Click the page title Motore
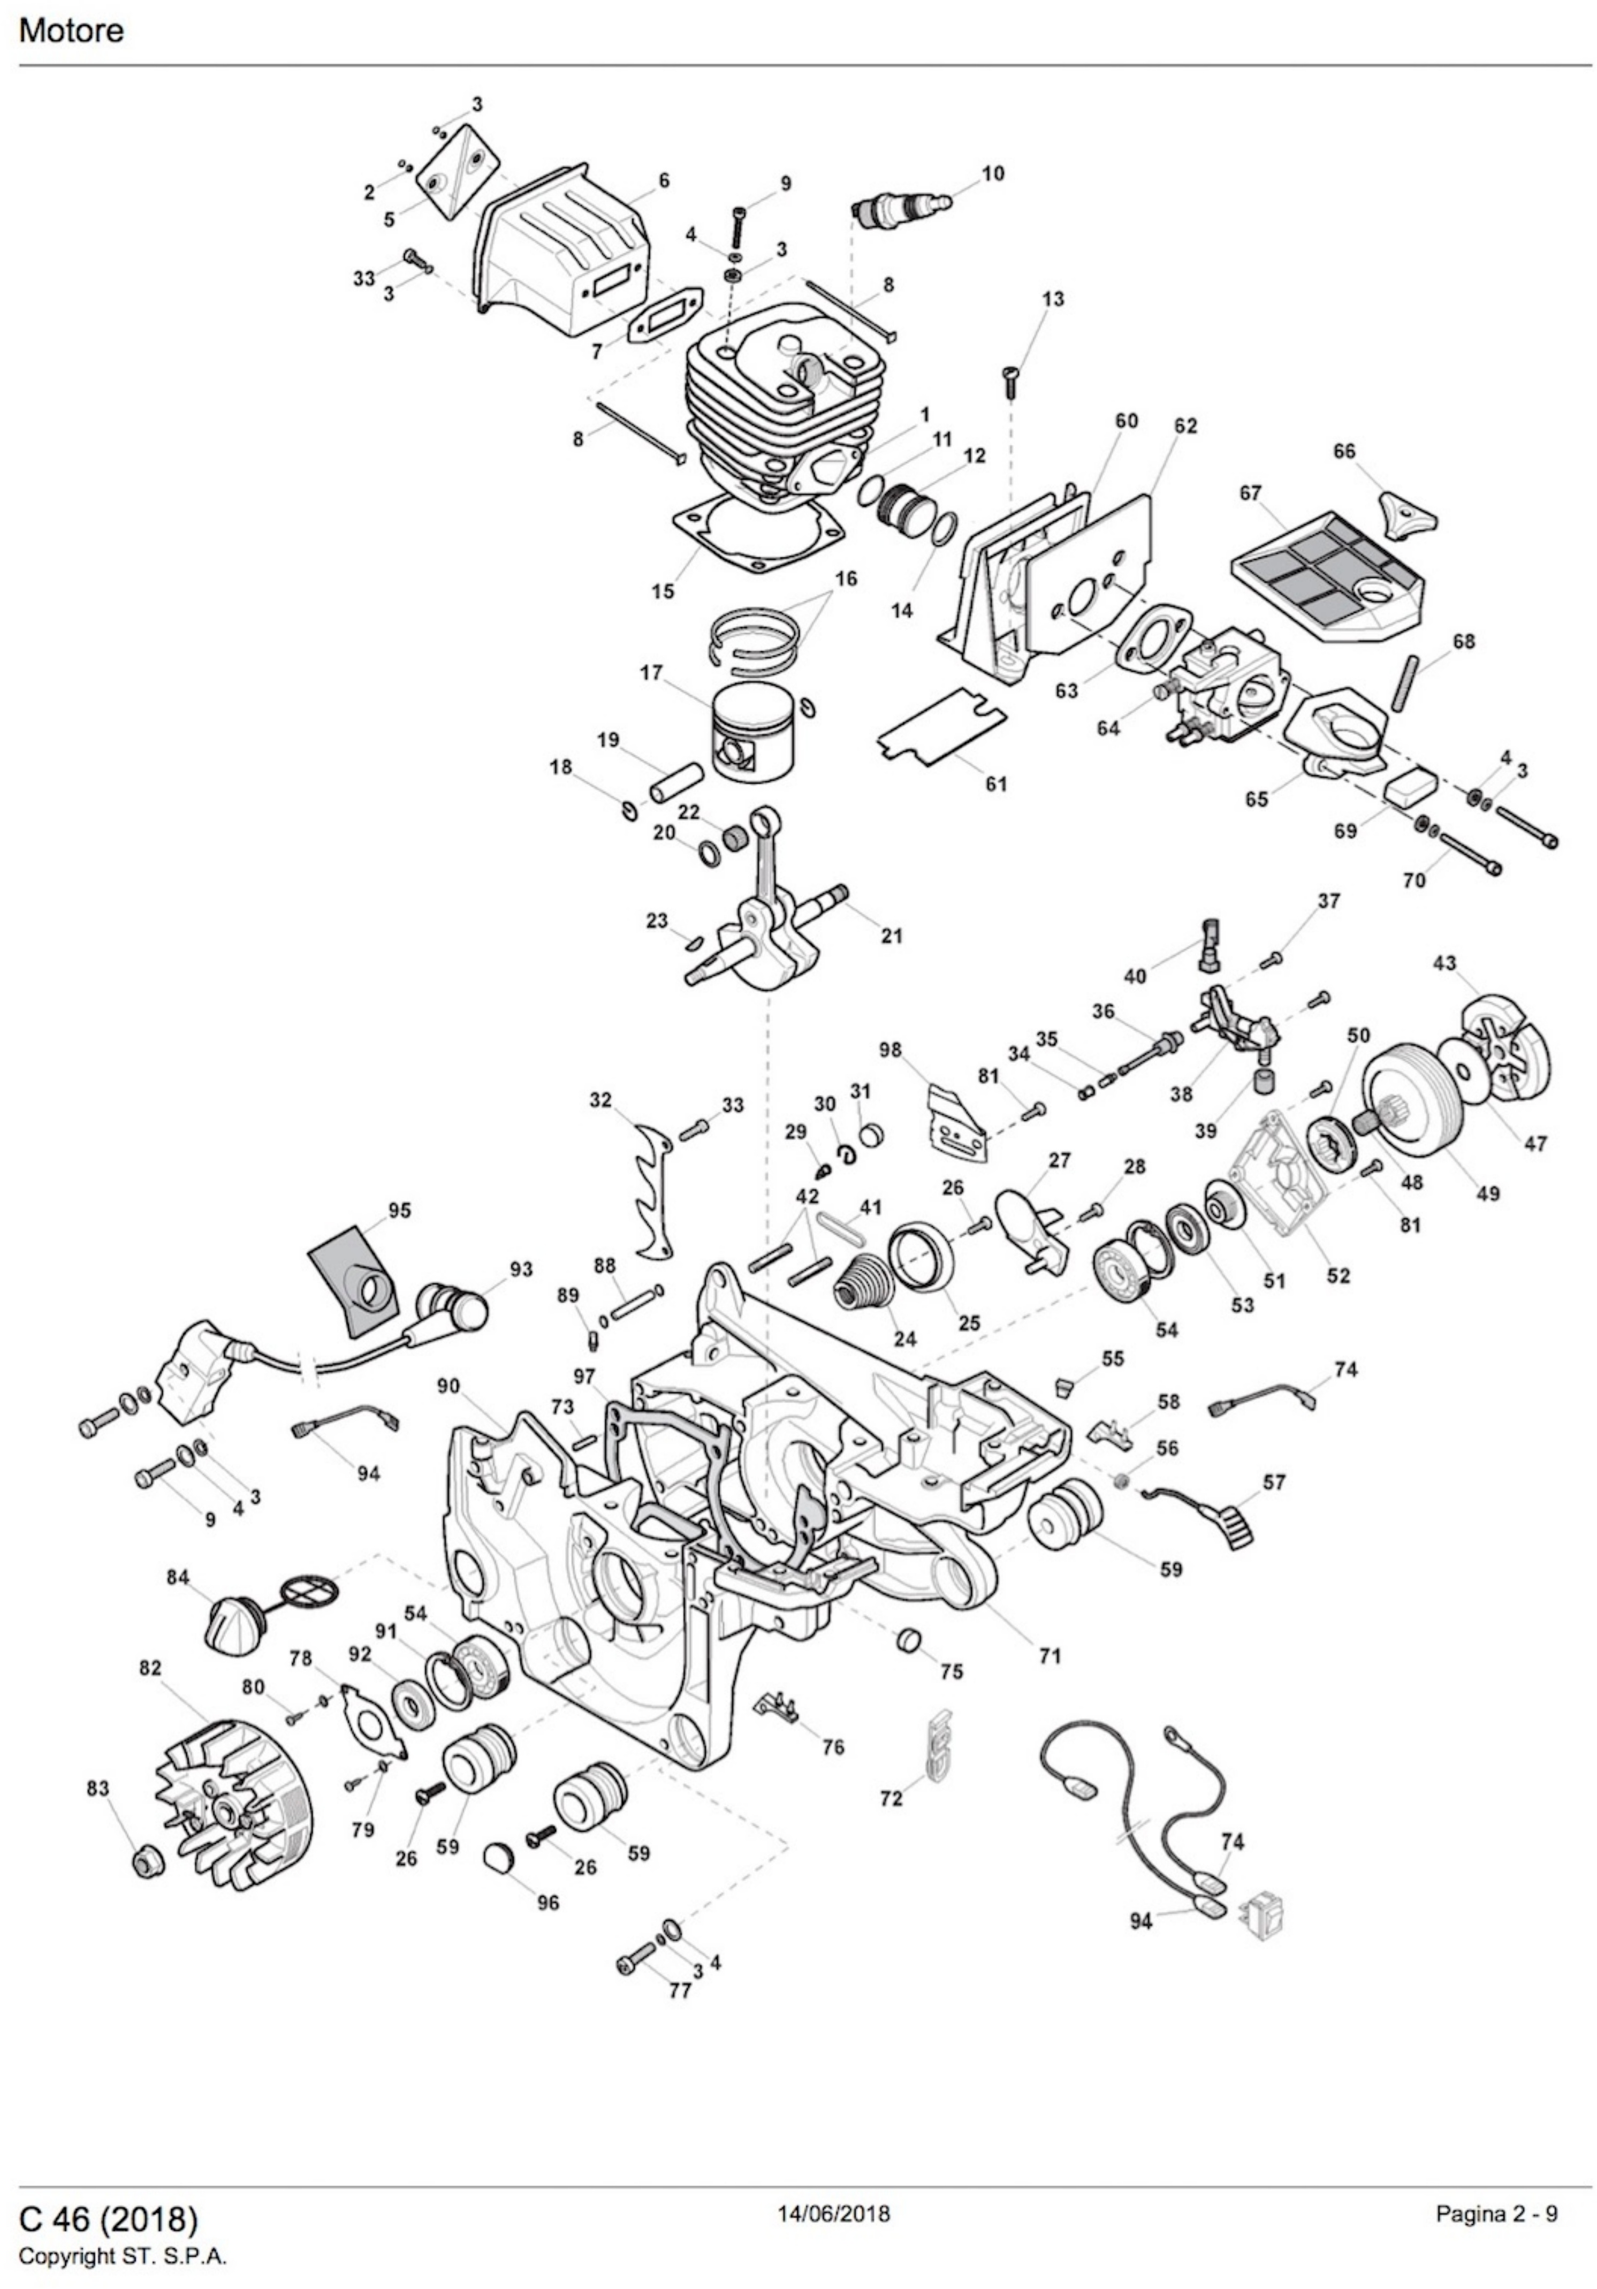coord(72,31)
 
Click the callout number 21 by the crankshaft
coord(891,935)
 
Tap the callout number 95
coord(399,1210)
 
